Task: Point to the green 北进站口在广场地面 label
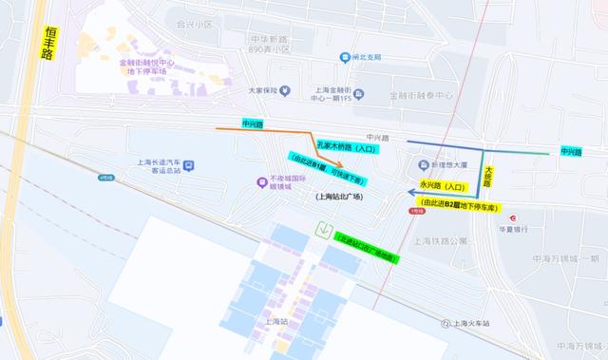pyautogui.click(x=366, y=248)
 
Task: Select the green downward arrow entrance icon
pyautogui.click(x=326, y=229)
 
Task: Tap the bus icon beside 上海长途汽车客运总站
pyautogui.click(x=189, y=166)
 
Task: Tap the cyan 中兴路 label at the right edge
pyautogui.click(x=571, y=151)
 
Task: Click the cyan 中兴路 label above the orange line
pyautogui.click(x=253, y=123)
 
